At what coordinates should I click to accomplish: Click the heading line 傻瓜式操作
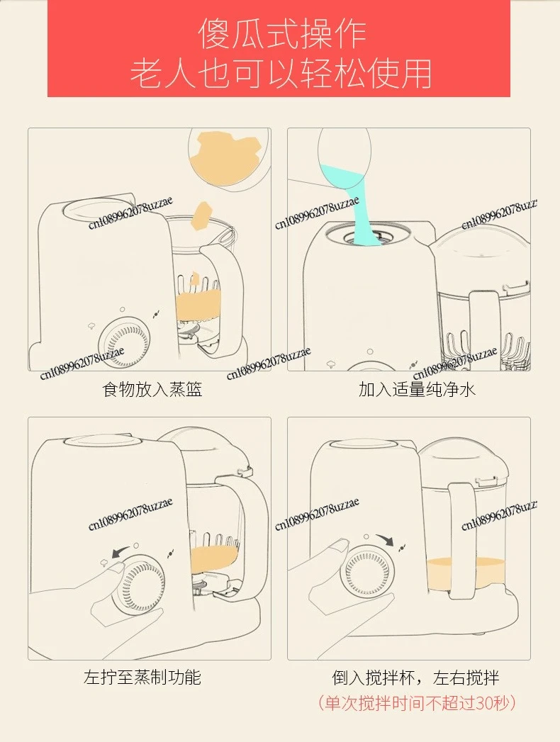point(281,33)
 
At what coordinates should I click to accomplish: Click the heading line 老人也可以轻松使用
point(281,73)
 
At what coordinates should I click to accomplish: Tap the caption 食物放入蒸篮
point(152,390)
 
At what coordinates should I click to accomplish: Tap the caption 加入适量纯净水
point(417,390)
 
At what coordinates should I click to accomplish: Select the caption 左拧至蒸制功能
point(142,678)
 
